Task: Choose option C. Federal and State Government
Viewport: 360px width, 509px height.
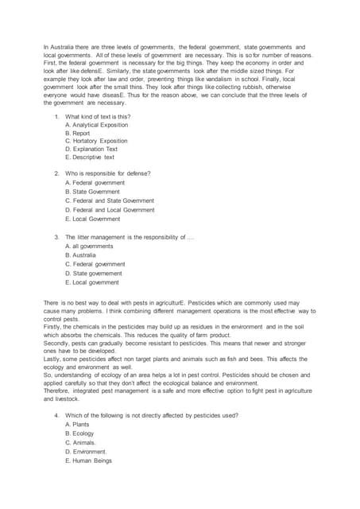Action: [110, 200]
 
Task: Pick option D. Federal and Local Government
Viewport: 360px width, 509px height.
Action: [110, 209]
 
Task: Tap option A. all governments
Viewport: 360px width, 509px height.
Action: [89, 246]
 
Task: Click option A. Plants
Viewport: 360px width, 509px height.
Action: [79, 425]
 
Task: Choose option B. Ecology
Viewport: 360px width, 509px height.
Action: [79, 433]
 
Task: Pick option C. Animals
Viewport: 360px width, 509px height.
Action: [80, 442]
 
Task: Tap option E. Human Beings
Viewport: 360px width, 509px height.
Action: [89, 460]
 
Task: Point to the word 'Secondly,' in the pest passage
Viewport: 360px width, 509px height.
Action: [56, 344]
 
